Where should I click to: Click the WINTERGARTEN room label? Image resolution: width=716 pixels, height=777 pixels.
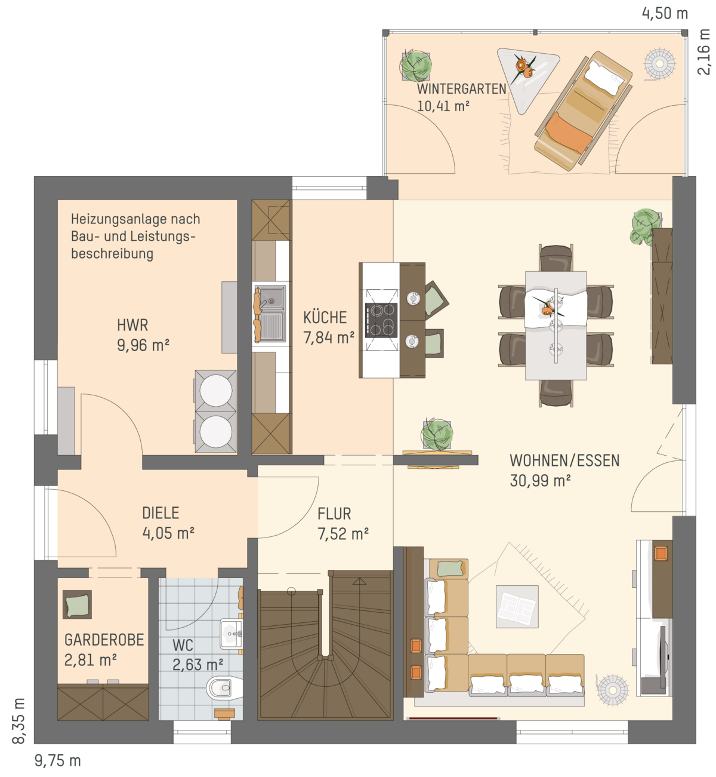click(x=461, y=89)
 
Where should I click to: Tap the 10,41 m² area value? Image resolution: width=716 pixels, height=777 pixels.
click(x=443, y=106)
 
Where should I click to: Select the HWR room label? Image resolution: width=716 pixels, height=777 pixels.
click(x=132, y=325)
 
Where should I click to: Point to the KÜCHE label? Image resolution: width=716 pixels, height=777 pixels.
click(x=325, y=317)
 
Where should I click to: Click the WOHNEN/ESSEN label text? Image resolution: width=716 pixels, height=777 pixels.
click(x=564, y=460)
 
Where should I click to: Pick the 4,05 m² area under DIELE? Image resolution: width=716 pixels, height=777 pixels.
click(x=168, y=533)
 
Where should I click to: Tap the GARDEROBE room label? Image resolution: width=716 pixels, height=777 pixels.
click(x=104, y=640)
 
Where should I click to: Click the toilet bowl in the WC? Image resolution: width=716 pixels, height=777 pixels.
click(x=224, y=688)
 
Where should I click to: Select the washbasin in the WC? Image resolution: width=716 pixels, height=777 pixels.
click(x=231, y=634)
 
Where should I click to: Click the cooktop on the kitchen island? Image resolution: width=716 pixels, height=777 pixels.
click(x=381, y=320)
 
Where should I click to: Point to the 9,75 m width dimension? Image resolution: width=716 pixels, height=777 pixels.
click(x=58, y=760)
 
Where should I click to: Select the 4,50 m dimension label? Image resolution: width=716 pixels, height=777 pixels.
click(x=665, y=13)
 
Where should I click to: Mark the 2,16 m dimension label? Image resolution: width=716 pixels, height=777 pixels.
click(x=703, y=51)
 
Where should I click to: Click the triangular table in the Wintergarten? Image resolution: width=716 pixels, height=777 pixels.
click(x=526, y=74)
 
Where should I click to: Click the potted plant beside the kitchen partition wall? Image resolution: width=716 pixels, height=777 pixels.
click(x=437, y=434)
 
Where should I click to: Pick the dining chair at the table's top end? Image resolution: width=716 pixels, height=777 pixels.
click(x=555, y=257)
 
